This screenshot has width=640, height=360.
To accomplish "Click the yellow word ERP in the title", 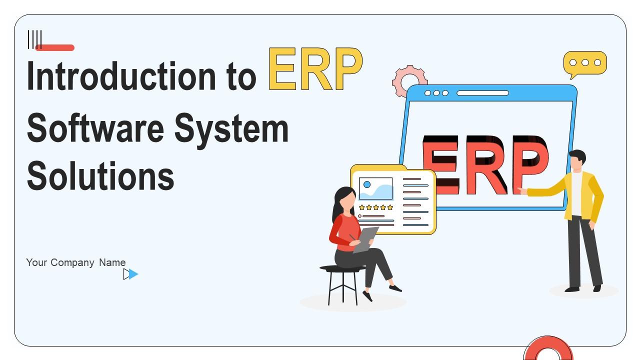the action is pos(315,69).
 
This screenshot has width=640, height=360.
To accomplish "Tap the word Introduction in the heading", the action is pos(121,76).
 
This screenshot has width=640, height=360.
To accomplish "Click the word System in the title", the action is pos(231,130).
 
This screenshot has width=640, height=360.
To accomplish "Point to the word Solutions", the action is pos(100,175).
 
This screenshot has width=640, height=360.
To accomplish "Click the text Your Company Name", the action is pos(75,262).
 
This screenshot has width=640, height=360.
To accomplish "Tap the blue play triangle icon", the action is pos(133,274).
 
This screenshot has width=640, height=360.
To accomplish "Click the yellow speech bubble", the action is pos(585,63).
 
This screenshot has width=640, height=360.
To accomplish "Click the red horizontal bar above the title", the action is pos(55,47).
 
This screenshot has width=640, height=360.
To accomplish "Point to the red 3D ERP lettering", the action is pos(485,165).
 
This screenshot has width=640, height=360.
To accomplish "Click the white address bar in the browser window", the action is pos(482,93).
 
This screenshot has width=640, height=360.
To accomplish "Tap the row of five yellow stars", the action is pos(376,207).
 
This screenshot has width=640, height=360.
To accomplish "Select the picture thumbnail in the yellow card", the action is pos(375,188).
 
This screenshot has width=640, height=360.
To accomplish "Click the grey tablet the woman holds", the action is pos(366,239).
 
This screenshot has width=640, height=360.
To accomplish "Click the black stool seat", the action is pos(342,268).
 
